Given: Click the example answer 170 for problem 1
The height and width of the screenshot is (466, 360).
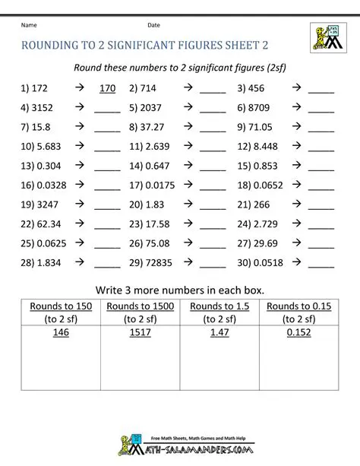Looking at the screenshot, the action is pos(107,88).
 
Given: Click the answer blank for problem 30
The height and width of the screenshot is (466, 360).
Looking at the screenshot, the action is pos(321,264).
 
